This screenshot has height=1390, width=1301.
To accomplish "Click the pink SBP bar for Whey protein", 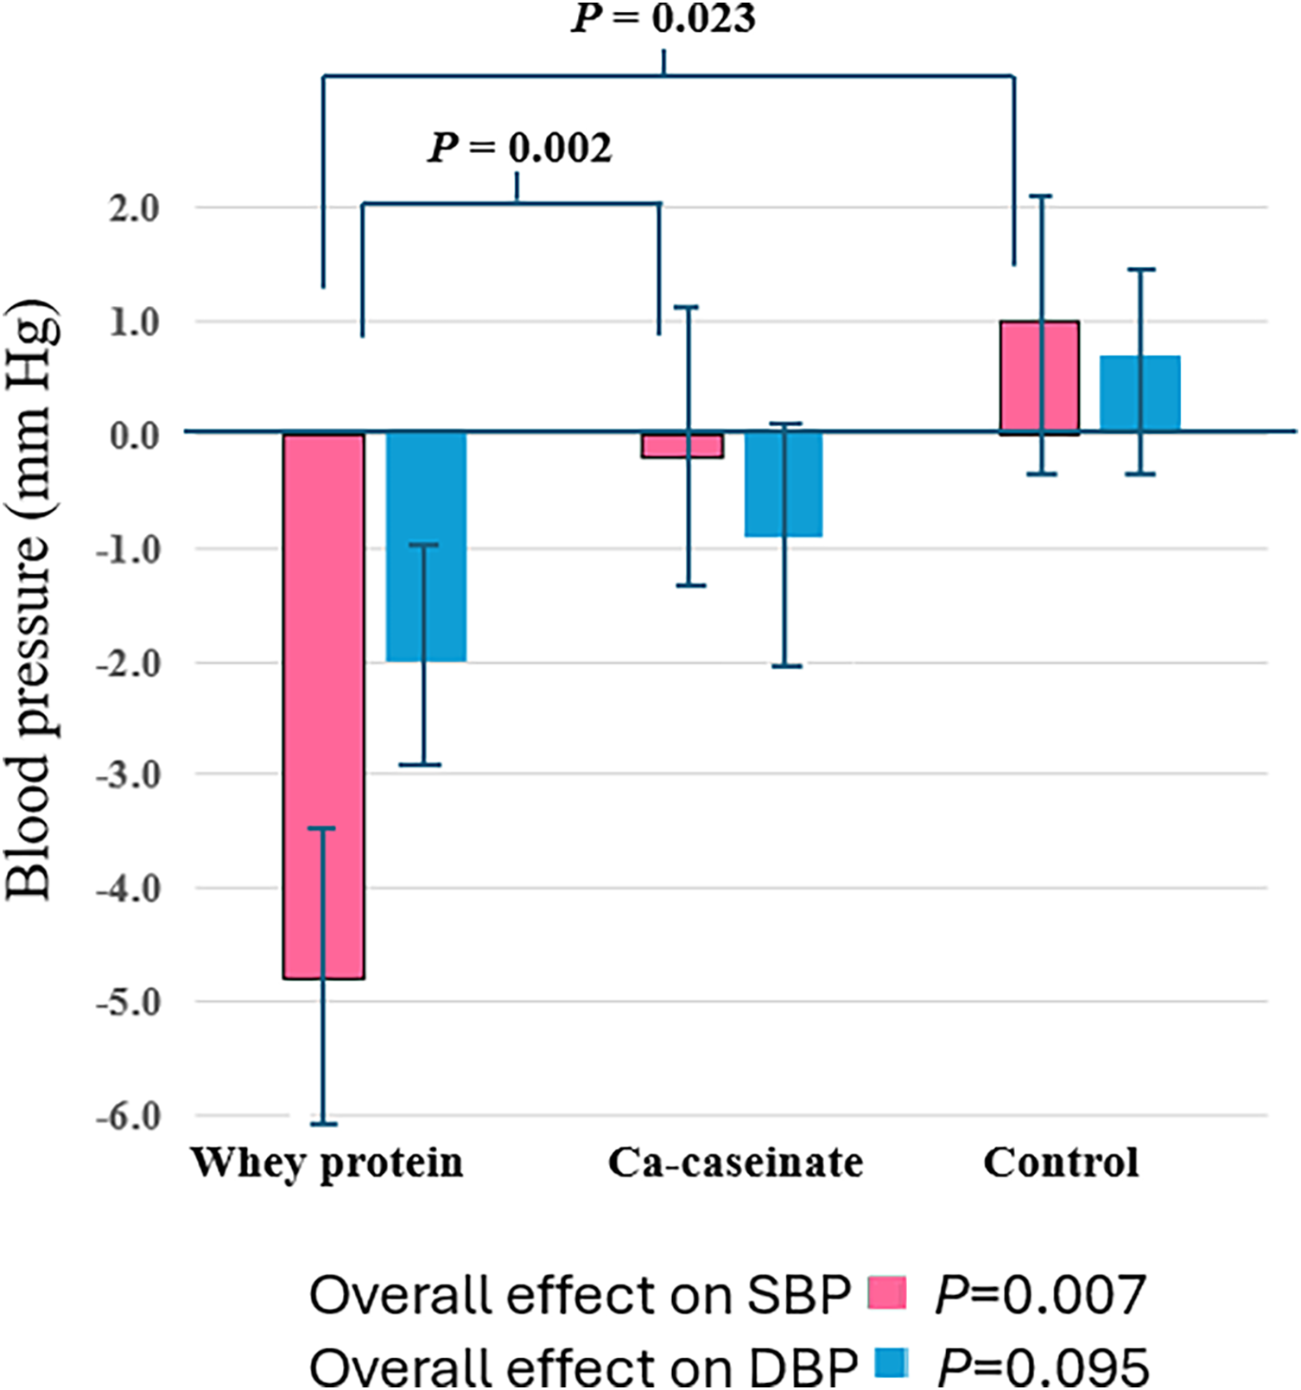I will pos(324,705).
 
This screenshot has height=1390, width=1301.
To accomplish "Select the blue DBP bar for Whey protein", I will pos(426,546).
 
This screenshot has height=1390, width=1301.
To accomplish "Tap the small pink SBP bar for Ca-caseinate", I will pos(682,445).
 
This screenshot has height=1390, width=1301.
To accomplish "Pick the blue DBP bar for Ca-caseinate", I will pos(784,484).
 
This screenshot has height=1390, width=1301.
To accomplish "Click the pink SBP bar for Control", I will pos(1039,378).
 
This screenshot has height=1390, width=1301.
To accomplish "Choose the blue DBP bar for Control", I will pos(1139,393).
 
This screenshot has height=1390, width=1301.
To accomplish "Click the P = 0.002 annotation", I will pos(521,148).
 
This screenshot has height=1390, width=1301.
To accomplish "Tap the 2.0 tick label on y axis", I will pos(135,208).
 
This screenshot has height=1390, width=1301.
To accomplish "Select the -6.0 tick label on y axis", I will pos(129,1116).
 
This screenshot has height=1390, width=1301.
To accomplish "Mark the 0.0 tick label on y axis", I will pos(135,435).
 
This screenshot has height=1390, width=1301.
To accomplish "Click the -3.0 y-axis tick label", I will pos(129,775).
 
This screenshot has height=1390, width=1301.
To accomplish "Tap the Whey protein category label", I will pos(327,1163).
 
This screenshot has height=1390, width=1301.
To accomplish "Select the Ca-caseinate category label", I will pos(735,1163).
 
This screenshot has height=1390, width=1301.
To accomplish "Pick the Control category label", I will pos(1061,1163).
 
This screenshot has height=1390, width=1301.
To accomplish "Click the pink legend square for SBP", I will pos(887,1292).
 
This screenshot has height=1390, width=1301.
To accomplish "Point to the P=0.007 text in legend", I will pos(1040,1295).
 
